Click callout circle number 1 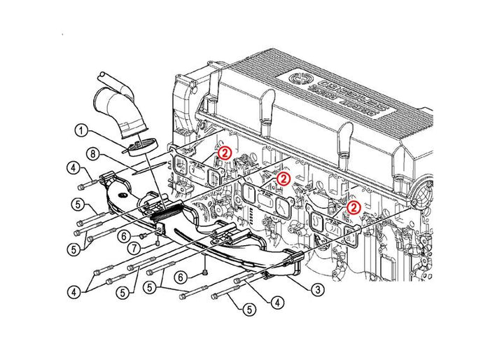point(81,130)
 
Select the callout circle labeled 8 point(91,153)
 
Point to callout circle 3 point(316,288)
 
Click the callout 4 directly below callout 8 point(73,167)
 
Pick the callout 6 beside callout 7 point(122,236)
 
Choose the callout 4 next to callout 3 point(279,302)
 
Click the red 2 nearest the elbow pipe point(223,151)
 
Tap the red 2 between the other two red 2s point(283,179)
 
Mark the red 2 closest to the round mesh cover point(354,207)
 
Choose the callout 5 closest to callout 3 point(248,307)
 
